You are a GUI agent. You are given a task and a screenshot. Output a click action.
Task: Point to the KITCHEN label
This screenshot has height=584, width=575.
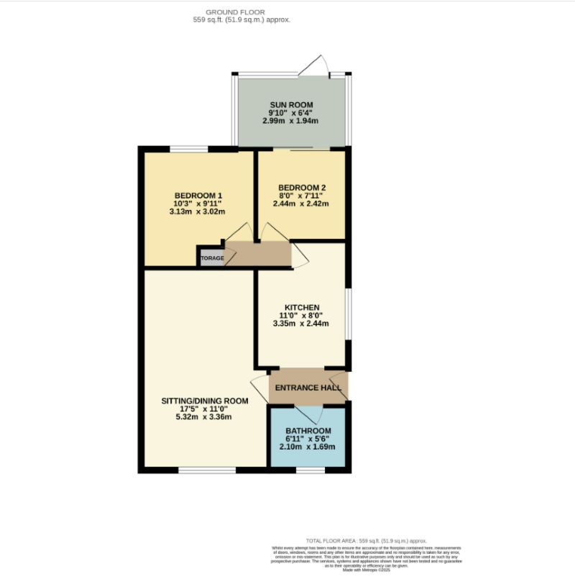(301, 308)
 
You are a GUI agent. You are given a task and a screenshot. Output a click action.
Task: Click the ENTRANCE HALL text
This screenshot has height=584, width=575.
(308, 388)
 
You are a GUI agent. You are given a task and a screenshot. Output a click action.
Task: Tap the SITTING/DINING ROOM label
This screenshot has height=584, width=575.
(206, 401)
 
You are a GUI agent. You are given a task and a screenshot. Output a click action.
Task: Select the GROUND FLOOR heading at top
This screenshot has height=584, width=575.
(235, 12)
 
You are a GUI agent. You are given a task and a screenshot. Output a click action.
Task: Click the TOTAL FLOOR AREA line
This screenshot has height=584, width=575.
(367, 540)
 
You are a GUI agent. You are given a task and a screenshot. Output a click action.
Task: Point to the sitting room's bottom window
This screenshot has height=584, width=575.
(207, 470)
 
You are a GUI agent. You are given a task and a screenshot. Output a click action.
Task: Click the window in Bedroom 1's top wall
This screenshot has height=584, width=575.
(189, 149)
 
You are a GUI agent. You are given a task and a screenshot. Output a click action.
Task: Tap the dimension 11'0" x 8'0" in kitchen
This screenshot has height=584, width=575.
(301, 316)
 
